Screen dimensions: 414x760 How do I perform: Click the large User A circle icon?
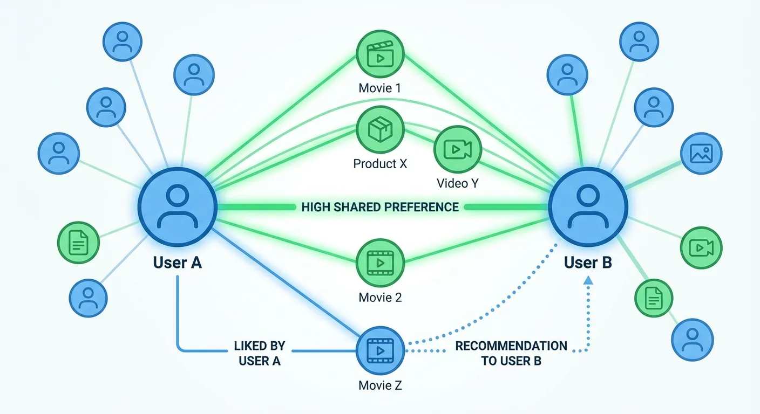177,207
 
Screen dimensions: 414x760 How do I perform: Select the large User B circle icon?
588,207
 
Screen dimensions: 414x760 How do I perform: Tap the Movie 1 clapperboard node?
380,55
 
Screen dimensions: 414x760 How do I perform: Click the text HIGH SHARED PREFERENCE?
380,207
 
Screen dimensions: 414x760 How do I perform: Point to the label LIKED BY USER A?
260,353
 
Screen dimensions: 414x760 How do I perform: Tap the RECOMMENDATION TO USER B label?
511,353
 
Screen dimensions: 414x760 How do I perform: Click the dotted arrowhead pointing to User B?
588,280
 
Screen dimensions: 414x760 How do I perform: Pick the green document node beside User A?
79,243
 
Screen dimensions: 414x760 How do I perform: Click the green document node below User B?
654,297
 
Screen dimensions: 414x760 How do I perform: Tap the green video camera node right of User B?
701,248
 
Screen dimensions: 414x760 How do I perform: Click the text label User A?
177,263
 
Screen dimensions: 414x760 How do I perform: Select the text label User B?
588,263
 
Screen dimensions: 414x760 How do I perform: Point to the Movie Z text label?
380,385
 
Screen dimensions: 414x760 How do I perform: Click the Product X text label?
380,163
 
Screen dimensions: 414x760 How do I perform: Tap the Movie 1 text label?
380,87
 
